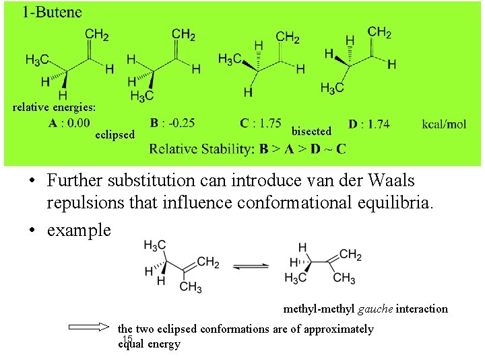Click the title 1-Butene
51,11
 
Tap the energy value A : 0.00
69,123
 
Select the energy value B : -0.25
172,123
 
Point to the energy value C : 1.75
261,123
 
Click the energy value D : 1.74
368,124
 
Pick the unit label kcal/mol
444,124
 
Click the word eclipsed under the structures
115,134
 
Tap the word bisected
311,131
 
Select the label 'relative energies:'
54,107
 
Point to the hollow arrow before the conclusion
88,329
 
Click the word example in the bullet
78,230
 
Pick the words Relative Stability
201,148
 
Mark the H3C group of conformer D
332,87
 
